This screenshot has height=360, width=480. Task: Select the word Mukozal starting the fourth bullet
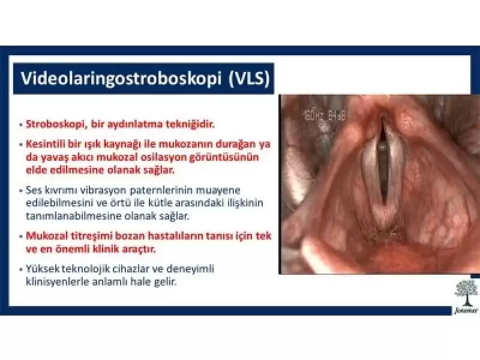(x=46, y=236)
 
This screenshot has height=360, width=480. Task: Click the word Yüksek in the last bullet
(x=43, y=269)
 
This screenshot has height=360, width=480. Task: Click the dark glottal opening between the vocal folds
(x=382, y=168)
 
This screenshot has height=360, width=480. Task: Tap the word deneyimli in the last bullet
(x=191, y=269)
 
